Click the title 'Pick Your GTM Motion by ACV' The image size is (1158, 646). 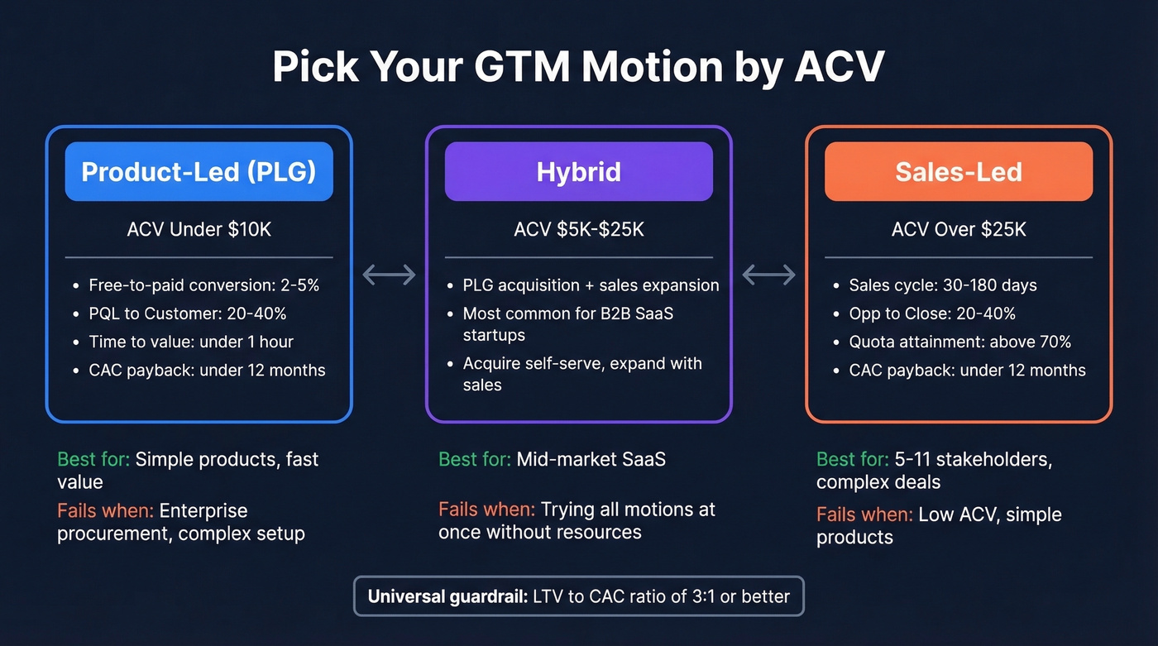click(578, 67)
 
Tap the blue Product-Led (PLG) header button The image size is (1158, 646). click(199, 171)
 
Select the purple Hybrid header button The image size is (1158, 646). click(578, 171)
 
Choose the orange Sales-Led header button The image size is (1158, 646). click(959, 171)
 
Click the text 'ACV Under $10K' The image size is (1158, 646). click(199, 229)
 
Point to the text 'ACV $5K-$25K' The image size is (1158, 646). click(578, 229)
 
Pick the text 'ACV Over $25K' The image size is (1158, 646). click(959, 229)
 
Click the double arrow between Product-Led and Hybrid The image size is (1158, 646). click(389, 275)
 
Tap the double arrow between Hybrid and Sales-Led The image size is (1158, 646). click(768, 275)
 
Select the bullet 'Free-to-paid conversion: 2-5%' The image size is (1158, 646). click(203, 285)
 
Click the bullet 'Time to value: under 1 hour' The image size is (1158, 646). click(191, 342)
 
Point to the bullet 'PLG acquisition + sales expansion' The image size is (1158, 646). click(591, 285)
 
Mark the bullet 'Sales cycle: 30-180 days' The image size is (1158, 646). click(942, 285)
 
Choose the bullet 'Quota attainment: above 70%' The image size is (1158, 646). click(959, 342)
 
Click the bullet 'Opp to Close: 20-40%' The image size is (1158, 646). click(932, 313)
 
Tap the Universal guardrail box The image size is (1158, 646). click(578, 596)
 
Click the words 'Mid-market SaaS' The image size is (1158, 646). click(591, 459)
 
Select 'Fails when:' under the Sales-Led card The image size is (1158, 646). click(864, 514)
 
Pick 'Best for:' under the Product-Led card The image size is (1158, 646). click(93, 459)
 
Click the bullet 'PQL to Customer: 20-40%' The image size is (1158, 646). click(188, 313)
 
